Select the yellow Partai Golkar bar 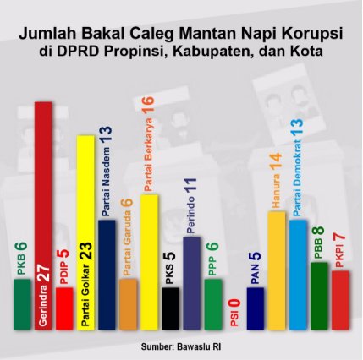85,228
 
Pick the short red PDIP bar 63,308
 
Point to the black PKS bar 170,308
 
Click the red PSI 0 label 234,314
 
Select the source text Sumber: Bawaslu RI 181,346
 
